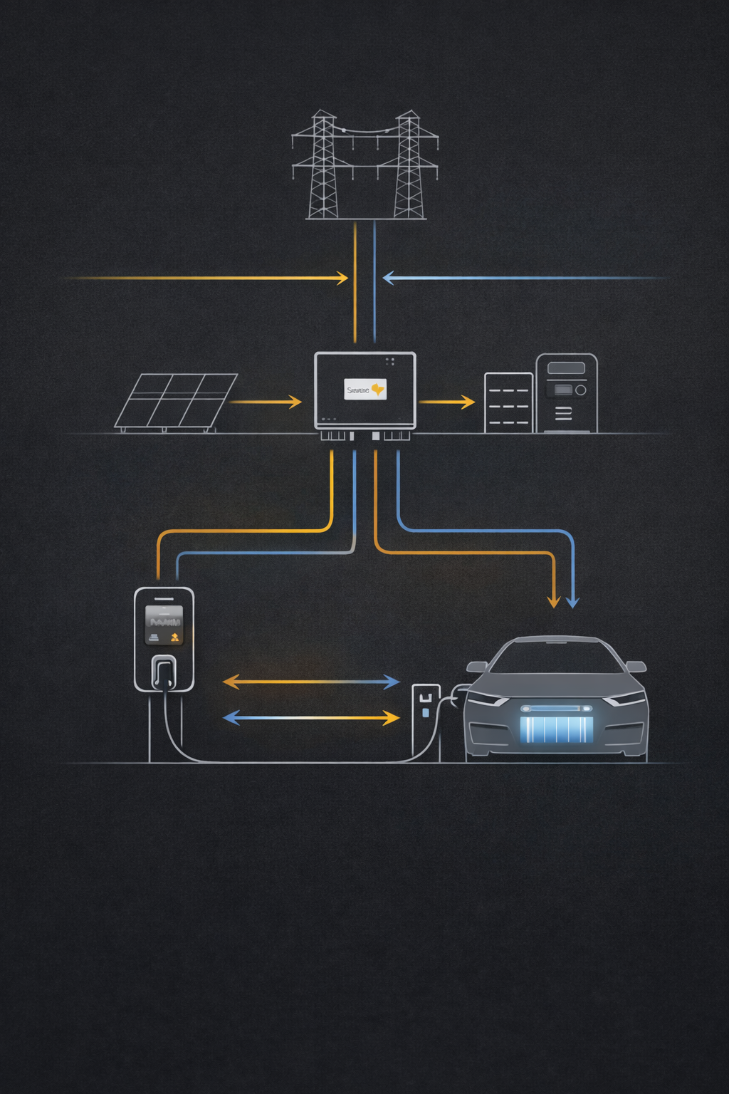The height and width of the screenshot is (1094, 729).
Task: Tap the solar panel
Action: pyautogui.click(x=176, y=401)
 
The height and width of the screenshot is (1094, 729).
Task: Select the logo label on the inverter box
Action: pyautogui.click(x=365, y=389)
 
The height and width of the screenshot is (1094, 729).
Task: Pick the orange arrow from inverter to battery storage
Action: pyautogui.click(x=446, y=402)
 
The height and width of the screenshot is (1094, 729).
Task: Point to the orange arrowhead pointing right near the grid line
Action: pyautogui.click(x=342, y=278)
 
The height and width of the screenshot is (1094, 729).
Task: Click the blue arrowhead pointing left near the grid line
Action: pyautogui.click(x=389, y=278)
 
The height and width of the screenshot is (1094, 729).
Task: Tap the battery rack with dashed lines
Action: pyautogui.click(x=508, y=403)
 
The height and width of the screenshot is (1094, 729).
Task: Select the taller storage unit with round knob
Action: pyautogui.click(x=567, y=393)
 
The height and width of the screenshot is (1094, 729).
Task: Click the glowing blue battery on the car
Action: pyautogui.click(x=556, y=729)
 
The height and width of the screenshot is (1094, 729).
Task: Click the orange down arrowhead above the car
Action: pyautogui.click(x=553, y=602)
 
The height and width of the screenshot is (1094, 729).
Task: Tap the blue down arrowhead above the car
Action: pyautogui.click(x=572, y=602)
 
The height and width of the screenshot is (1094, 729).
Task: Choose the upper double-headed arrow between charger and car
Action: pyautogui.click(x=311, y=682)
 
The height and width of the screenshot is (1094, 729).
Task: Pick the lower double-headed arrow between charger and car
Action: pyautogui.click(x=311, y=717)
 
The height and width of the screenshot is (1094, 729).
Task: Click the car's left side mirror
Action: pyautogui.click(x=476, y=667)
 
